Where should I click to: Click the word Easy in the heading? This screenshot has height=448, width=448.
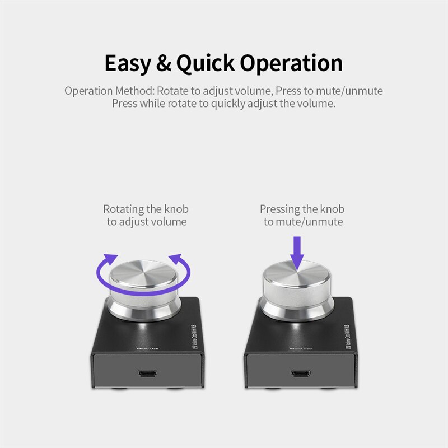(x=128, y=63)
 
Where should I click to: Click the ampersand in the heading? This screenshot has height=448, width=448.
(x=164, y=63)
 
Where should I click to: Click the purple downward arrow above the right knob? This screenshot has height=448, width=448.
(x=297, y=251)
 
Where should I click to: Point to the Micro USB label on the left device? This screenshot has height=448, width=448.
(x=144, y=348)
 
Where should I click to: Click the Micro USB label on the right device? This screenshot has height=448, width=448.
(x=301, y=348)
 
